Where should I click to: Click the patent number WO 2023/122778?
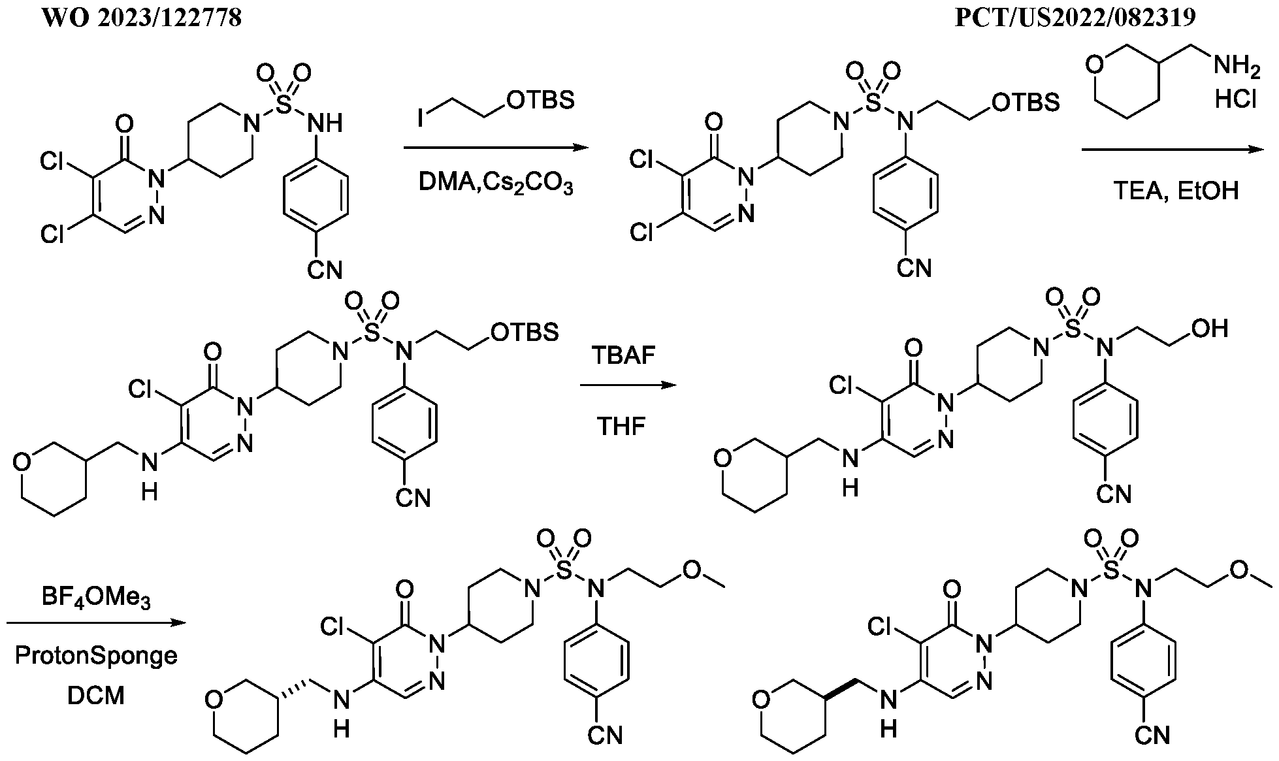[142, 18]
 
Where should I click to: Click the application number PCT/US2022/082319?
[1075, 18]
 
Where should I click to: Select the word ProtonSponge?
[96, 656]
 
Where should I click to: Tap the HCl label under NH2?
[1236, 100]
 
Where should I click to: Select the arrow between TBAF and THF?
[628, 386]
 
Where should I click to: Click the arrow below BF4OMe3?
[96, 623]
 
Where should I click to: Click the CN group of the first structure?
[325, 269]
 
